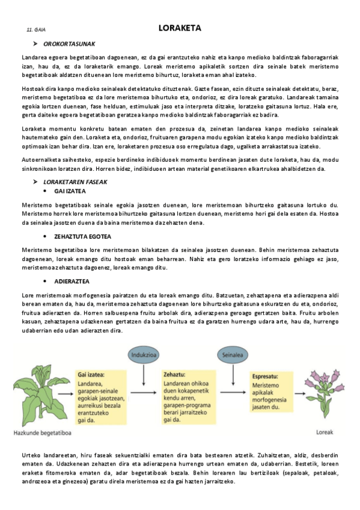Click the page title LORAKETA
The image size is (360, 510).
click(179, 28)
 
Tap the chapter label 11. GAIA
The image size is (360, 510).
click(36, 29)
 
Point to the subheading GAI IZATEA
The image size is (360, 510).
click(70, 191)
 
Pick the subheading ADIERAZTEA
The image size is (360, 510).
click(72, 281)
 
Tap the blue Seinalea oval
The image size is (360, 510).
click(231, 355)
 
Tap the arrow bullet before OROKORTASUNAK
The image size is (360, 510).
click(35, 44)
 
